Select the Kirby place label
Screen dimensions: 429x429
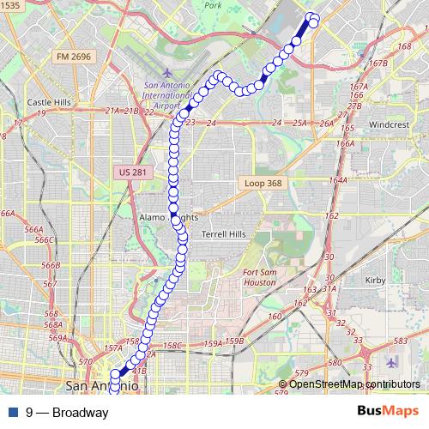tap(376, 280)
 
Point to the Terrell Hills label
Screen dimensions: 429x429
tap(223, 234)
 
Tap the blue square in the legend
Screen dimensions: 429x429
tap(13, 413)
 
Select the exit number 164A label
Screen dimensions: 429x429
tap(337, 181)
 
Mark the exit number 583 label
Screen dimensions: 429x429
tap(397, 341)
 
